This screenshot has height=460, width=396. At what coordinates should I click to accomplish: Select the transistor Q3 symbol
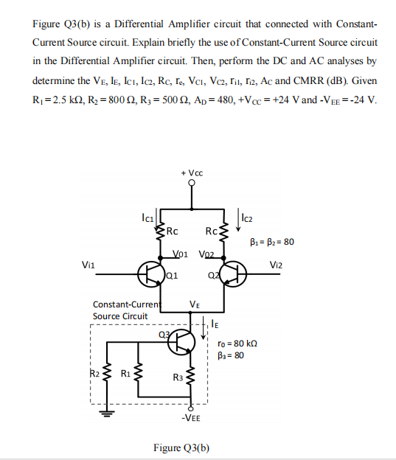point(184,341)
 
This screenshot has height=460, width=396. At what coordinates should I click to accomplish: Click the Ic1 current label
point(147,217)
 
